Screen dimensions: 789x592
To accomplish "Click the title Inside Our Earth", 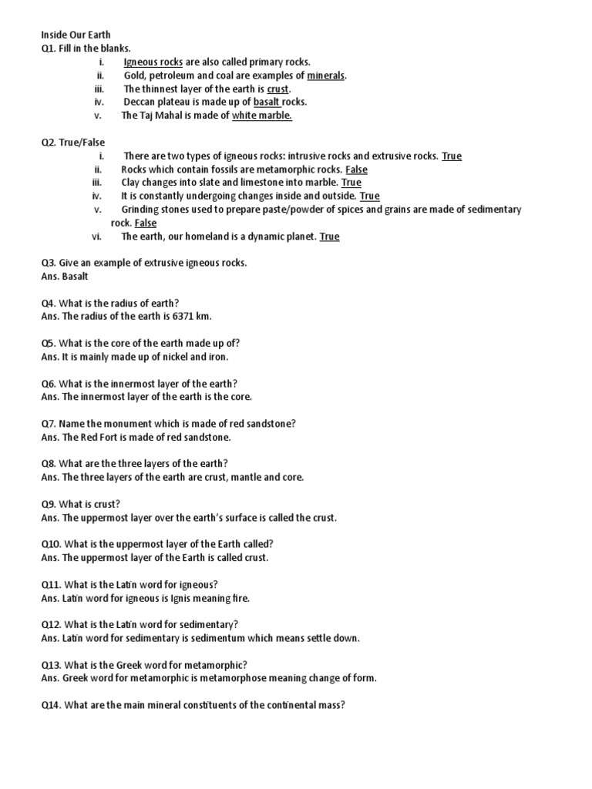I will (76, 35).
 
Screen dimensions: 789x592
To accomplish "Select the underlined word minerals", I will (327, 76).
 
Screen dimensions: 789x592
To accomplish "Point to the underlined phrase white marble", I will (262, 116).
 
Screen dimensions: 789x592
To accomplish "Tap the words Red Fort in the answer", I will (99, 437).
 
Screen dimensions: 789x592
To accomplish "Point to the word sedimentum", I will (234, 638).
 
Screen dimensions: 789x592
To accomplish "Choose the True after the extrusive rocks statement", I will (452, 156).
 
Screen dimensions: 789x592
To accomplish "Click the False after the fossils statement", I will (356, 170).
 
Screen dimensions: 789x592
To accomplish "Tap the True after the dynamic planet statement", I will (329, 237).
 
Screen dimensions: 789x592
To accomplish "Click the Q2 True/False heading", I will (73, 143).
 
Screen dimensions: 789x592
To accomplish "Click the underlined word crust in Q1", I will (277, 89).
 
